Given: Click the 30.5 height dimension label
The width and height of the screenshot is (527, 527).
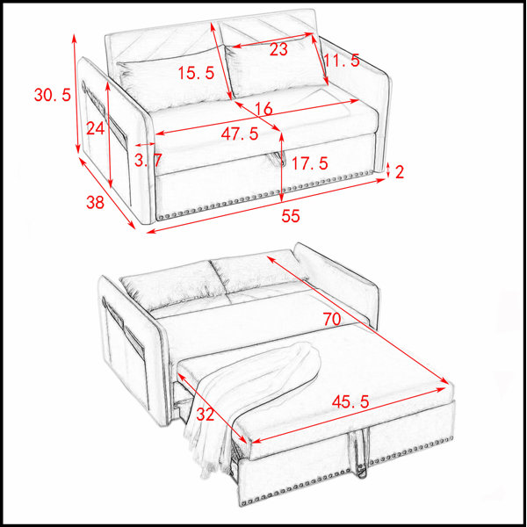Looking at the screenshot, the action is pos(53,95).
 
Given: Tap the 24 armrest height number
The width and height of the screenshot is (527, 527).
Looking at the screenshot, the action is pos(96,128).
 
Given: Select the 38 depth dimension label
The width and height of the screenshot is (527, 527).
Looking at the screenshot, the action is pos(95,202).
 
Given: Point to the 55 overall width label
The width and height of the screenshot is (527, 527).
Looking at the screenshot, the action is pos(291,216).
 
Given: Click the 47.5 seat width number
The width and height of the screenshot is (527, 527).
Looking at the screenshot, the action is pos(240,134).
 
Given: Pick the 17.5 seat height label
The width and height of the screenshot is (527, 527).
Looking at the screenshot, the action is pos(309,163).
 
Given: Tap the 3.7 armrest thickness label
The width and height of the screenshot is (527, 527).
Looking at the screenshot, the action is pos(148,160).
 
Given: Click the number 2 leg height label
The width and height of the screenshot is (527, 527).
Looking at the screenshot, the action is pos(400,172).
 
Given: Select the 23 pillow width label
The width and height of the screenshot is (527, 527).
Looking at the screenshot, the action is pos(278,50).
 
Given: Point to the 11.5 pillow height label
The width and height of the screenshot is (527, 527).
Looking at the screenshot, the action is pos(342,61).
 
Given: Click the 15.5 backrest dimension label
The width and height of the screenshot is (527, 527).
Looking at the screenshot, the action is pos(196,73).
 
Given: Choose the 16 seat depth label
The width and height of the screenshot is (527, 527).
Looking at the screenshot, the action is pos(263,109).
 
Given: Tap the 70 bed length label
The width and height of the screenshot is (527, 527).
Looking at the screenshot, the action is pos(332,319).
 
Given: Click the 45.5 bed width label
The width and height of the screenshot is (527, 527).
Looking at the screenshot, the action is pos(350,401).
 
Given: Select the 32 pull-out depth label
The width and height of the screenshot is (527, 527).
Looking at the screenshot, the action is pos(205,414).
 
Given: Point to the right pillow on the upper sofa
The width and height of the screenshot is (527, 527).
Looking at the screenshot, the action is pos(277,69).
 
